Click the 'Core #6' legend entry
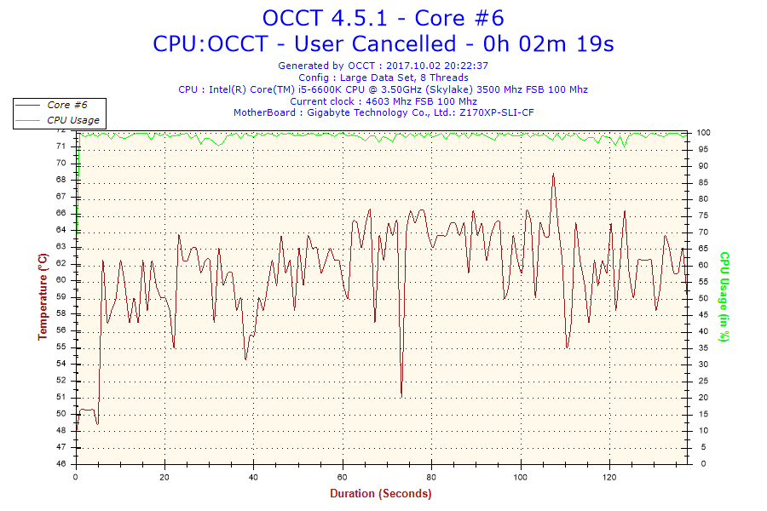tap(67, 105)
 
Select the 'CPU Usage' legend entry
tap(72, 120)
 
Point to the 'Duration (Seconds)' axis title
tap(381, 493)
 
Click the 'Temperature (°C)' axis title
tap(43, 296)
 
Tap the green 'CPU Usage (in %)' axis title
tap(724, 296)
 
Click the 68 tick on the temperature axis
tap(61, 180)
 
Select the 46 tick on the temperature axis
tap(61, 463)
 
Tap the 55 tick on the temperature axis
tap(61, 347)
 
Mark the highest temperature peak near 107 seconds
tap(553, 175)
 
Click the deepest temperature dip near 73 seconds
tap(401, 395)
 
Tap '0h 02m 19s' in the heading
tap(551, 43)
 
